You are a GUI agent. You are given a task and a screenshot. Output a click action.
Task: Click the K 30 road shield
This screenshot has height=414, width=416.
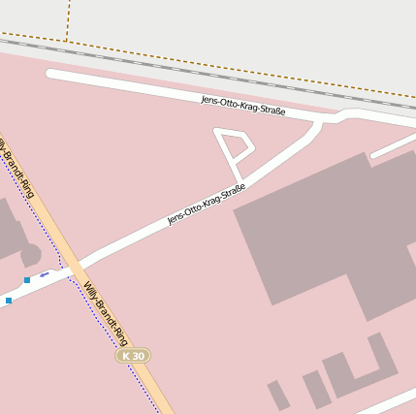click(133, 356)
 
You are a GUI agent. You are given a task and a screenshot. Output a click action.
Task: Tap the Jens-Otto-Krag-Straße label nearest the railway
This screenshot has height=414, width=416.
click(242, 106)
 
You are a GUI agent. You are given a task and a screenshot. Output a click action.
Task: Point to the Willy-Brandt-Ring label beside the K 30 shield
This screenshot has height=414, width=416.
click(106, 313)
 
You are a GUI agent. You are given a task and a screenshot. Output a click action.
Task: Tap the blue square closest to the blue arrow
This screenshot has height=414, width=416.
click(27, 280)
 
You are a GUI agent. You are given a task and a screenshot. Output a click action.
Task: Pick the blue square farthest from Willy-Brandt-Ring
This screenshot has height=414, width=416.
click(9, 301)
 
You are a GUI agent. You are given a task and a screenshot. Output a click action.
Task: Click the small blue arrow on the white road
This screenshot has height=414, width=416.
click(45, 275)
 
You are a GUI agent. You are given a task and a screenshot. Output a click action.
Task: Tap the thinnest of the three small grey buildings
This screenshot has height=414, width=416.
click(278, 395)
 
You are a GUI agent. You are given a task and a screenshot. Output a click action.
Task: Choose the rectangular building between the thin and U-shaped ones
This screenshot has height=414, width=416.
click(316, 390)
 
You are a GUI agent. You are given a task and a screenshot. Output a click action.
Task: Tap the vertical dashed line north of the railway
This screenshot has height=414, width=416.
click(69, 17)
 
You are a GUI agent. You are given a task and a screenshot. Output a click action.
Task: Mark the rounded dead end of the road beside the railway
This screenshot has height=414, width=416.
click(51, 74)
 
